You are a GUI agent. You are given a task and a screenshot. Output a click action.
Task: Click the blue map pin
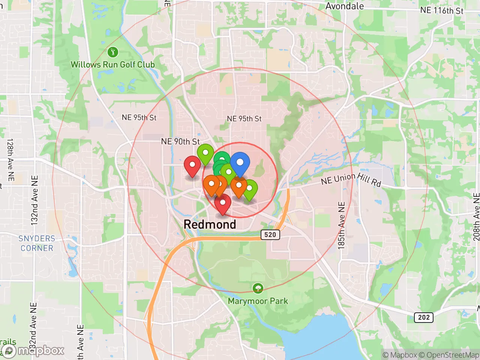(x=240, y=163)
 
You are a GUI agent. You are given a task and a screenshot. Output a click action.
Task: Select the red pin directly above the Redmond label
(x=223, y=204)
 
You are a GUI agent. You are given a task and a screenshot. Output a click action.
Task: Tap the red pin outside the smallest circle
(x=192, y=165)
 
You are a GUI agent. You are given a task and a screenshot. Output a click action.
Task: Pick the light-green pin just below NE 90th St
(x=205, y=153)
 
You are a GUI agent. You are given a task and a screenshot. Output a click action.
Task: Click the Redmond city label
(x=210, y=224)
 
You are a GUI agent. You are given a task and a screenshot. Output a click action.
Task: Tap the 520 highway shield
(x=270, y=235)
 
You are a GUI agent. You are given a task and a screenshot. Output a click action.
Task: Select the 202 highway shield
(x=424, y=317)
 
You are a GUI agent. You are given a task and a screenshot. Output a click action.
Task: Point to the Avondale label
(x=344, y=6)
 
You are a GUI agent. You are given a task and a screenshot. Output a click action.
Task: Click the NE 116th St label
(x=442, y=10)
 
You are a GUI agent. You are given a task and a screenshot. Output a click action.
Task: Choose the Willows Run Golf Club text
(x=113, y=64)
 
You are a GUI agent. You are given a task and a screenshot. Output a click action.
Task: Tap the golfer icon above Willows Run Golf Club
(x=112, y=52)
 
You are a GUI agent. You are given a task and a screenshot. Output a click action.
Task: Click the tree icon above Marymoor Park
(x=258, y=288)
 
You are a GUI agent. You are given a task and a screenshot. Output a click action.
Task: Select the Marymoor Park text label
(x=258, y=301)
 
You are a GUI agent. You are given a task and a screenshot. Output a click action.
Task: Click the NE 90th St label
(x=180, y=141)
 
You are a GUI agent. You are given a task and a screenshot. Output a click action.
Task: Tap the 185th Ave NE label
(x=341, y=225)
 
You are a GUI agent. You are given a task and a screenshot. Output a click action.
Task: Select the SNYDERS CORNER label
(x=37, y=243)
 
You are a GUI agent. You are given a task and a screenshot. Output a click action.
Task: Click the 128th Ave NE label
(x=10, y=160)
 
